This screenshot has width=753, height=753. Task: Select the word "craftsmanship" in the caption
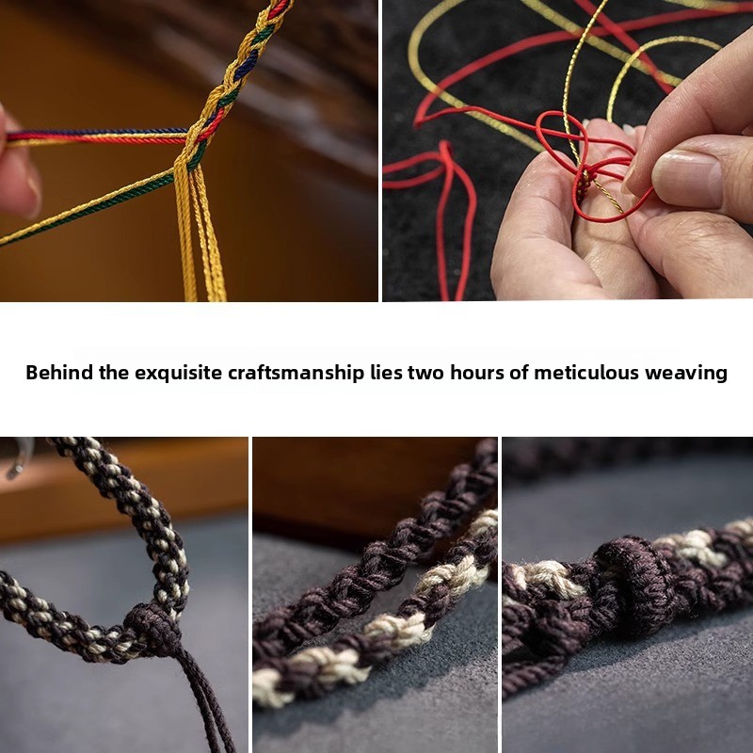pyautogui.click(x=296, y=374)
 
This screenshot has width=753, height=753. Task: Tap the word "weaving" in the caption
pyautogui.click(x=686, y=374)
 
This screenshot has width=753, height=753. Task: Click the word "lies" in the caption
pyautogui.click(x=386, y=373)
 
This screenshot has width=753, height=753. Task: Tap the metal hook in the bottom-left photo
pyautogui.click(x=18, y=458)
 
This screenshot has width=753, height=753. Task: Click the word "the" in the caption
pyautogui.click(x=114, y=373)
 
